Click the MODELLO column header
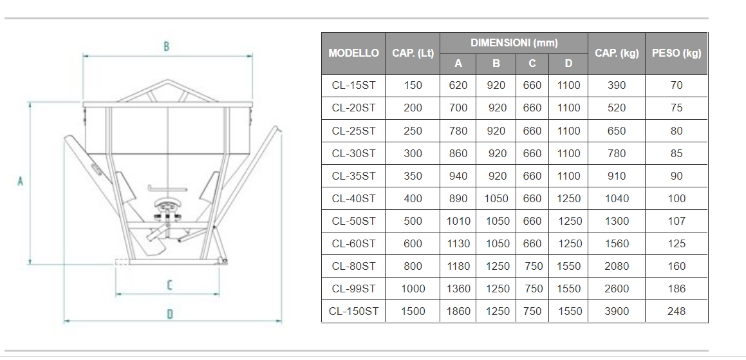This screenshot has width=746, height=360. tap(353, 53)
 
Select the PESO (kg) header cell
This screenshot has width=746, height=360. tap(676, 53)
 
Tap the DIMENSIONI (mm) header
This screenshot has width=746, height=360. tap(514, 43)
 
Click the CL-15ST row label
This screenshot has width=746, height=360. tap(353, 86)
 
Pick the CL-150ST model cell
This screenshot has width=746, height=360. tap(353, 312)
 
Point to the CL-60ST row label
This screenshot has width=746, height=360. tap(353, 244)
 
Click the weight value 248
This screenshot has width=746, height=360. tap(676, 312)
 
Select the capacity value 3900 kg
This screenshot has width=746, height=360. tap(617, 312)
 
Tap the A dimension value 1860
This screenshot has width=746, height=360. tap(459, 312)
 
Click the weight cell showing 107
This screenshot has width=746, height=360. tap(676, 221)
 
